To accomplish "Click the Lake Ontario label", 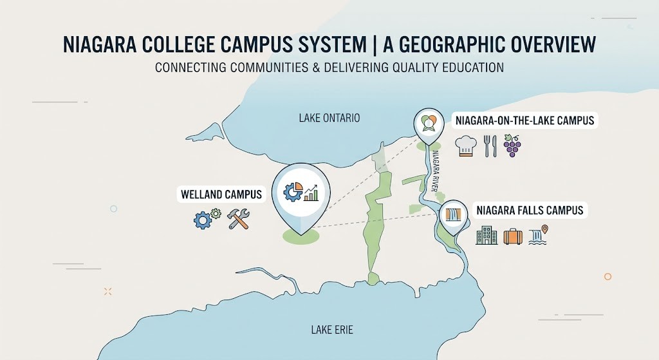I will click(329, 118).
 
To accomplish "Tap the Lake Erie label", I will click(332, 330).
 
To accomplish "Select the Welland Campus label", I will click(221, 194).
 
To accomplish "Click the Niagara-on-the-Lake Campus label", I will click(524, 120).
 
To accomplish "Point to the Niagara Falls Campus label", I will click(529, 210).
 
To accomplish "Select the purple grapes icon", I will click(513, 146).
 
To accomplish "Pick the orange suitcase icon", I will click(514, 236).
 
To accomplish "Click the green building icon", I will click(486, 236).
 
